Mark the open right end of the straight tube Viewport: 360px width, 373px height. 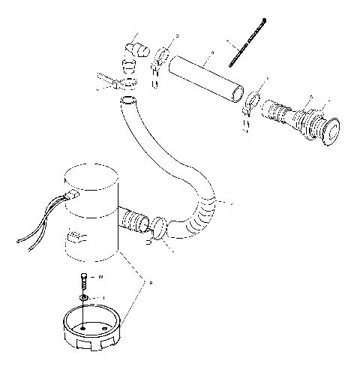[238, 95]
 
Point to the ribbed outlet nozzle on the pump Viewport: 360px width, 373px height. [133, 221]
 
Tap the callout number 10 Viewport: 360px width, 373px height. [100, 278]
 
